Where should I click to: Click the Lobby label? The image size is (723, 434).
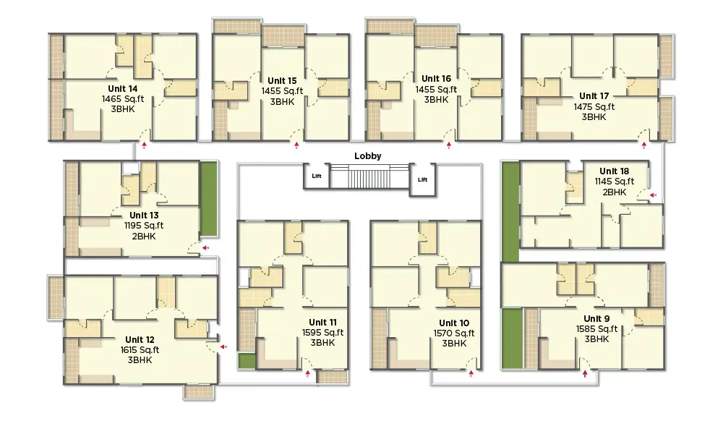(367, 156)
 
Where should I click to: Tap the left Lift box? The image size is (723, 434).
(317, 176)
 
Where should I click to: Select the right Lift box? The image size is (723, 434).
(422, 179)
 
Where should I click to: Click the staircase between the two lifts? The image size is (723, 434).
(369, 176)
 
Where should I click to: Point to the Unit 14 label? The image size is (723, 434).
(123, 88)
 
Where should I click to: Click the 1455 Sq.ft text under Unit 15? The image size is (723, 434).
(282, 91)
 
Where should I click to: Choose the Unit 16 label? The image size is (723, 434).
(436, 79)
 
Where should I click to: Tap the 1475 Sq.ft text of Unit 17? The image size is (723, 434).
(594, 106)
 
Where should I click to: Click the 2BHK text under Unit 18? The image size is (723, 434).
(614, 192)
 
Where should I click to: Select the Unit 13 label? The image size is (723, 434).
(144, 216)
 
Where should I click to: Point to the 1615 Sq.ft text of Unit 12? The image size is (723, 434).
(140, 350)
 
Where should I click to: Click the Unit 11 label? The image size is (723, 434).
(322, 323)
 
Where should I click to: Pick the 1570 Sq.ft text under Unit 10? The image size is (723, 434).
(454, 333)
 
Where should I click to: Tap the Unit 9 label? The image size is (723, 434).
(596, 319)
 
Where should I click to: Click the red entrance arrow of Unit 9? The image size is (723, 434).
(585, 373)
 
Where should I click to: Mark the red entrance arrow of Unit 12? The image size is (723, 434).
(223, 346)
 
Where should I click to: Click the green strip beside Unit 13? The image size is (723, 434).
(208, 199)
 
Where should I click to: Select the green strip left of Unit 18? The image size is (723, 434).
(510, 212)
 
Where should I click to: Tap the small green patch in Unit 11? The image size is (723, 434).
(247, 361)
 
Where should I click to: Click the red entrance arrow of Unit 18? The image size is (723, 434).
(653, 195)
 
